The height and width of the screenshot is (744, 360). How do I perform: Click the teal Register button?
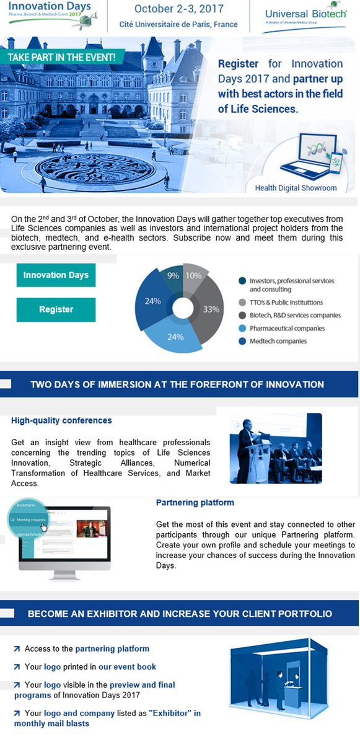tap(56, 309)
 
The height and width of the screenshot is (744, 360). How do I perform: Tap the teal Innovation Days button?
tap(56, 275)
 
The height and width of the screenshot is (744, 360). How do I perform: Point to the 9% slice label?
tap(173, 275)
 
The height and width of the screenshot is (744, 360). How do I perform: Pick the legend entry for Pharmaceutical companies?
tap(286, 329)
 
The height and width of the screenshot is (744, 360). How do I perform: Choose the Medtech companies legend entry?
tap(278, 341)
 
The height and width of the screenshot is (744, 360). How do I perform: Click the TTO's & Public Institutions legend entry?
tap(286, 303)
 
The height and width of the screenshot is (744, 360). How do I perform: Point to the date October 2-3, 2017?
tap(179, 9)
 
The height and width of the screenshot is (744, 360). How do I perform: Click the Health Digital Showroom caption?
tap(296, 188)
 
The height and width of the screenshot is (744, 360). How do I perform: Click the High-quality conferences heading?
tap(61, 420)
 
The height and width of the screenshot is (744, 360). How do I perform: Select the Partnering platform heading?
tap(195, 502)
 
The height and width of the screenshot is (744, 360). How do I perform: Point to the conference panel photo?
tap(275, 448)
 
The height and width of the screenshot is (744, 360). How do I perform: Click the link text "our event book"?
tap(127, 666)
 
